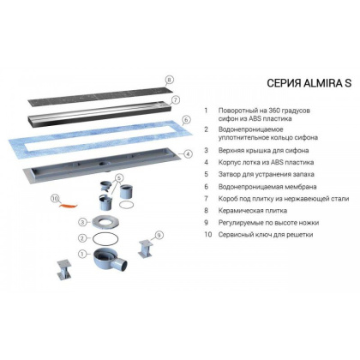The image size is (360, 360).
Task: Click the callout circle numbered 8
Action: click(170, 80)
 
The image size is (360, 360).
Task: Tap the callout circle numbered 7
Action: click(175, 99)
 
